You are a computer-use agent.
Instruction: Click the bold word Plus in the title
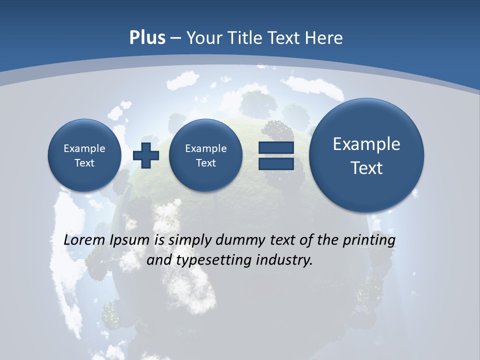click(147, 38)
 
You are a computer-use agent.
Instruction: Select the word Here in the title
click(325, 38)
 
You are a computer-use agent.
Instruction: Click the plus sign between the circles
click(146, 155)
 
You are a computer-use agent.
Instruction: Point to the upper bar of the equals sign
click(275, 147)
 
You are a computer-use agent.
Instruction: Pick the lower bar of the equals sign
click(275, 164)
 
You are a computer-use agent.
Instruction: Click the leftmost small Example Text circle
click(84, 155)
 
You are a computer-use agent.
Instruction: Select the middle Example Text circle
click(205, 155)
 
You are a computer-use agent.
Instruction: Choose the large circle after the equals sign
click(366, 155)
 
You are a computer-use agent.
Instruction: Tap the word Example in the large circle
click(366, 144)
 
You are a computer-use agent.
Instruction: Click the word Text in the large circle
click(366, 168)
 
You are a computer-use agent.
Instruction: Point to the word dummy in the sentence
click(240, 240)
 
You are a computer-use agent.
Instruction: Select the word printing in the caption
click(369, 240)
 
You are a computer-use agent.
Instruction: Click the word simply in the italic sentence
click(190, 240)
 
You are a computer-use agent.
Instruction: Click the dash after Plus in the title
click(175, 38)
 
